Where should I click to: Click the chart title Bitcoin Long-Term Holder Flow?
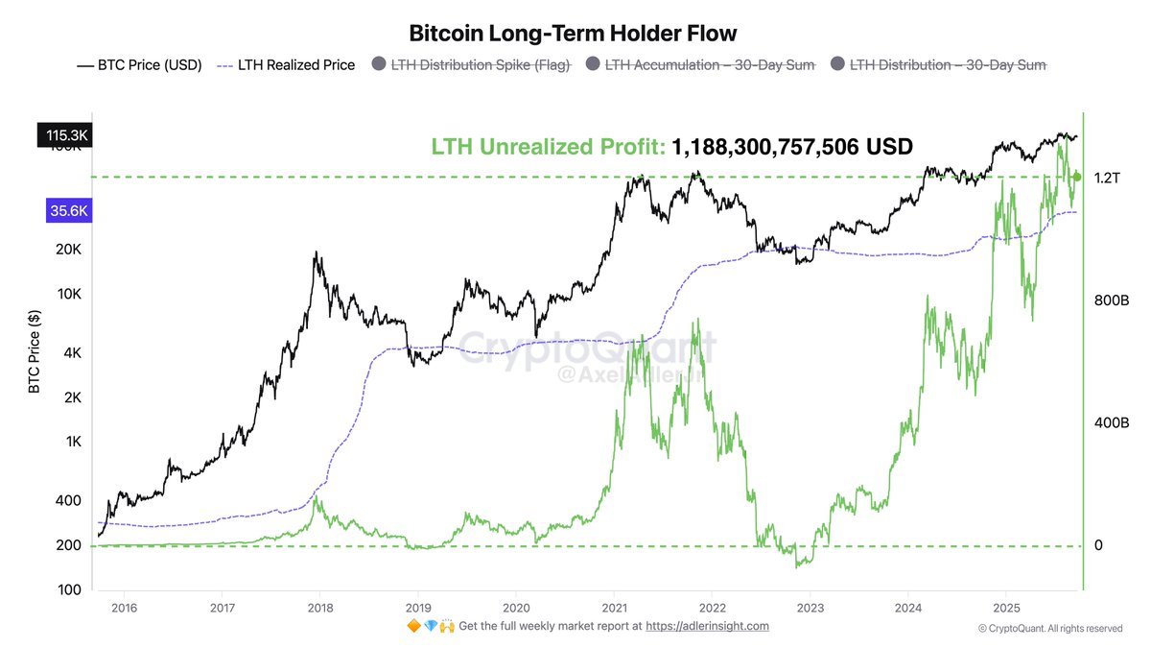[x=573, y=34]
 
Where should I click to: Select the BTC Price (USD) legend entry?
[x=140, y=65]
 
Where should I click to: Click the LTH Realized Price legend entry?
[x=288, y=65]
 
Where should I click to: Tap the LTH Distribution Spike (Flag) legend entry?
[x=470, y=65]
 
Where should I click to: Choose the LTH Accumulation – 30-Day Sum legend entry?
[x=699, y=65]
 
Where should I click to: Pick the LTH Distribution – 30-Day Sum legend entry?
[x=938, y=65]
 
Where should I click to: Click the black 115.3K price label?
[x=66, y=136]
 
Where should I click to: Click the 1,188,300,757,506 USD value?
[x=791, y=147]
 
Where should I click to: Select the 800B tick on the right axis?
[x=1111, y=300]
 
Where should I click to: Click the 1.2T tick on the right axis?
[x=1107, y=178]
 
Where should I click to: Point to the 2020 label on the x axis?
[x=516, y=607]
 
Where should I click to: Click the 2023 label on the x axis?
[x=810, y=607]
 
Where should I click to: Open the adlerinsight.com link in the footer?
[x=707, y=626]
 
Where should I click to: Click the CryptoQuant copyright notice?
[x=1050, y=629]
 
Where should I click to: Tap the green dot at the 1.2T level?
[x=1077, y=177]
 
